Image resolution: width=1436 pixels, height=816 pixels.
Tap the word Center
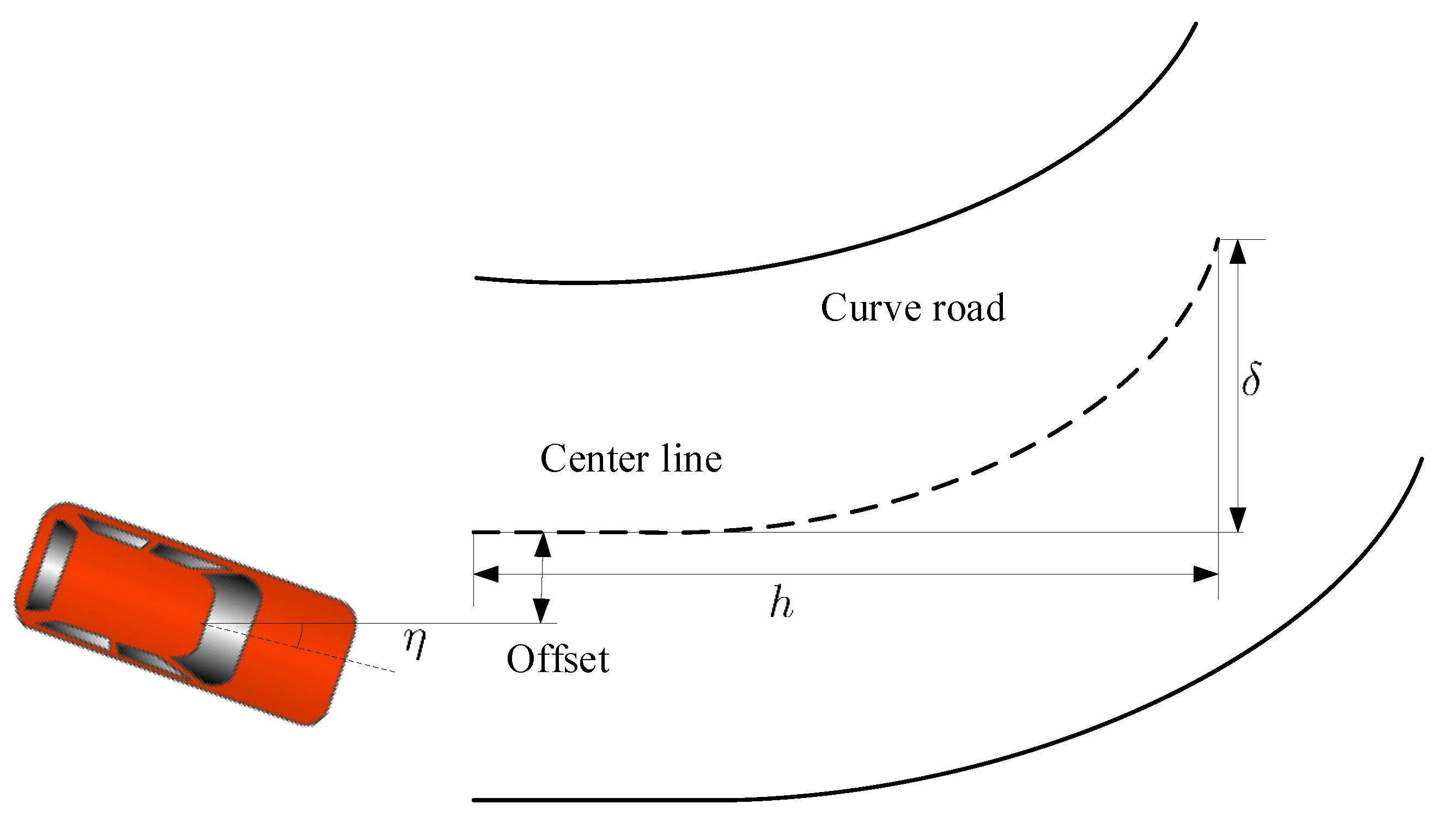[594, 459]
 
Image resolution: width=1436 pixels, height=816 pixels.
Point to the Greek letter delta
[1251, 379]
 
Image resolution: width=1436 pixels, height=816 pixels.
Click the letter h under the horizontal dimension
[781, 602]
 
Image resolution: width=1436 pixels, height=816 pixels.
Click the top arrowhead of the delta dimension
[1237, 252]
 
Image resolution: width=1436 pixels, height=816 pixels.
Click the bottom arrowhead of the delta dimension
[1237, 519]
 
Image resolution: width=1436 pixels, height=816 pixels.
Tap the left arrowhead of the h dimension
[486, 574]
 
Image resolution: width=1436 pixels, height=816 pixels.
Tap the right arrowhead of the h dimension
[1205, 574]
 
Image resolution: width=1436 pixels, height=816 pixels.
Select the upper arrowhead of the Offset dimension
[542, 545]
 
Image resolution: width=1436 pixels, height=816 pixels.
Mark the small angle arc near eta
[301, 636]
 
